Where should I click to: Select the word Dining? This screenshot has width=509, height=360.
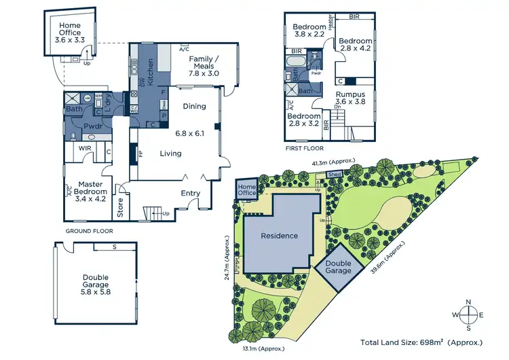coord(194,107)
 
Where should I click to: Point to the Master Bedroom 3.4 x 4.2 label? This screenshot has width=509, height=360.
coord(91,191)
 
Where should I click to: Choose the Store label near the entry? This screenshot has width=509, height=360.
coord(121,207)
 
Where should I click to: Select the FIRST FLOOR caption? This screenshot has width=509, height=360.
coord(305,147)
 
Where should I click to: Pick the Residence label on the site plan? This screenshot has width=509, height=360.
coord(280,236)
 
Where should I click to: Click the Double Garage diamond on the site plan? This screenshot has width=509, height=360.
coord(338,266)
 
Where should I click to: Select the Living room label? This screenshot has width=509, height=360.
coord(170,154)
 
